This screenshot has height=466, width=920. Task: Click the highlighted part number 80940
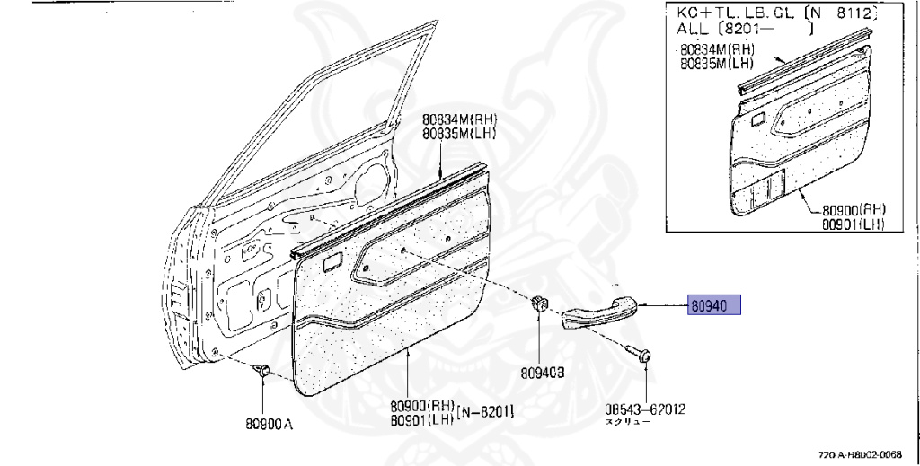714,305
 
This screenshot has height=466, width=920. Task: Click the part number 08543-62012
644,409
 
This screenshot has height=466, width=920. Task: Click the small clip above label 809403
538,303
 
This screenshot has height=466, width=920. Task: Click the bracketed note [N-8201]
485,411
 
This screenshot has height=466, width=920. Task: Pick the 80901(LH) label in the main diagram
421,418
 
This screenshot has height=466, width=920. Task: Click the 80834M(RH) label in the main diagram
460,119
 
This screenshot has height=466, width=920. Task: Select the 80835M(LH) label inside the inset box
716,64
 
